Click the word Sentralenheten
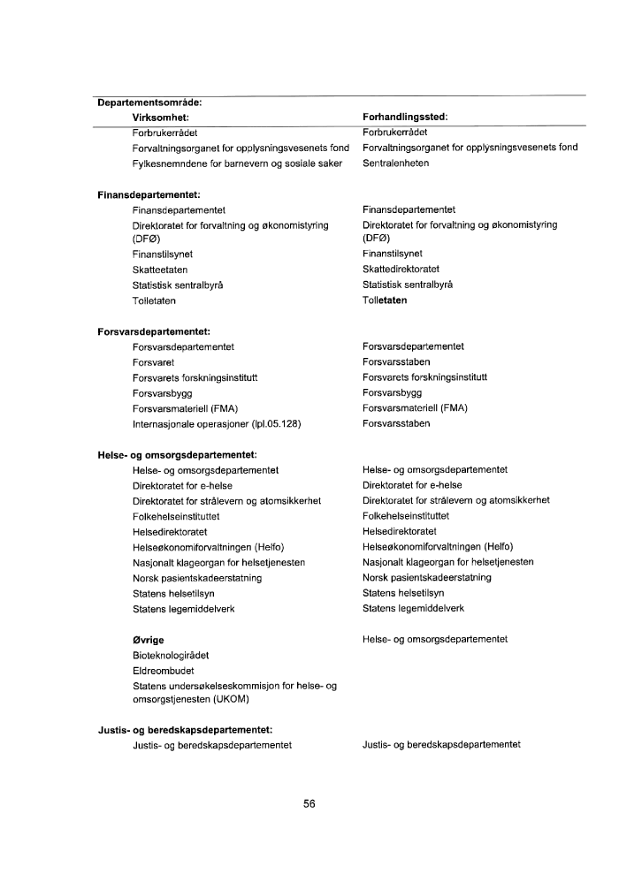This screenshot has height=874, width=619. [x=395, y=163]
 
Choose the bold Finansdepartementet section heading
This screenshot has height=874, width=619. [x=149, y=194]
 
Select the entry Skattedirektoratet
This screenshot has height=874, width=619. [x=401, y=270]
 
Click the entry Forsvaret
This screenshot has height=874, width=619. [x=153, y=362]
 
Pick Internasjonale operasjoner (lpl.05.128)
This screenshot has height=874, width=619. [x=217, y=423]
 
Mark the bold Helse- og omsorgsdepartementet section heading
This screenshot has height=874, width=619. [x=176, y=455]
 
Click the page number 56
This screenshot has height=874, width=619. [x=309, y=803]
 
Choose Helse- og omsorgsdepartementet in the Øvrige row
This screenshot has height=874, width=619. [x=434, y=639]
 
